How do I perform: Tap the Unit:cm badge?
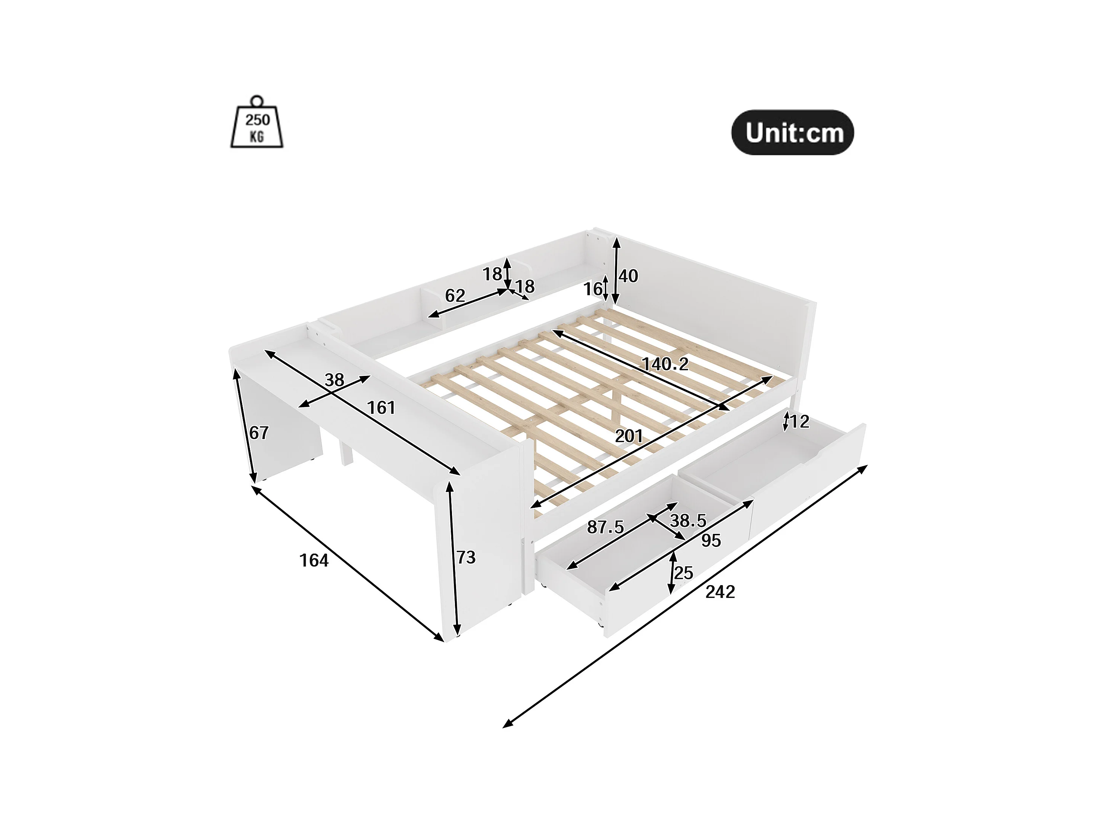pyautogui.click(x=792, y=132)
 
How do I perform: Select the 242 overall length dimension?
pyautogui.click(x=720, y=591)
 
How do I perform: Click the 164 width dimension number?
pyautogui.click(x=314, y=560)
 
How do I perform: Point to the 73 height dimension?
pyautogui.click(x=466, y=557)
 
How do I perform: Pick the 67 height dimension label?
pyautogui.click(x=259, y=433)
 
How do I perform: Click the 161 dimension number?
pyautogui.click(x=381, y=407)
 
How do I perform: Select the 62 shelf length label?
pyautogui.click(x=455, y=296)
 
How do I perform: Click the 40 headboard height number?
pyautogui.click(x=628, y=276)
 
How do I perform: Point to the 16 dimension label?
pyautogui.click(x=592, y=289)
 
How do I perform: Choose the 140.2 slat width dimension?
pyautogui.click(x=665, y=364)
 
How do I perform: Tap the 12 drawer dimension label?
pyautogui.click(x=799, y=422)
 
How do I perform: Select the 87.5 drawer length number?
pyautogui.click(x=605, y=527)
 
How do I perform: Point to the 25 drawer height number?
pyautogui.click(x=683, y=573)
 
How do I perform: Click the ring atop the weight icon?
pyautogui.click(x=257, y=101)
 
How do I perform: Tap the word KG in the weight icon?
pyautogui.click(x=257, y=136)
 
